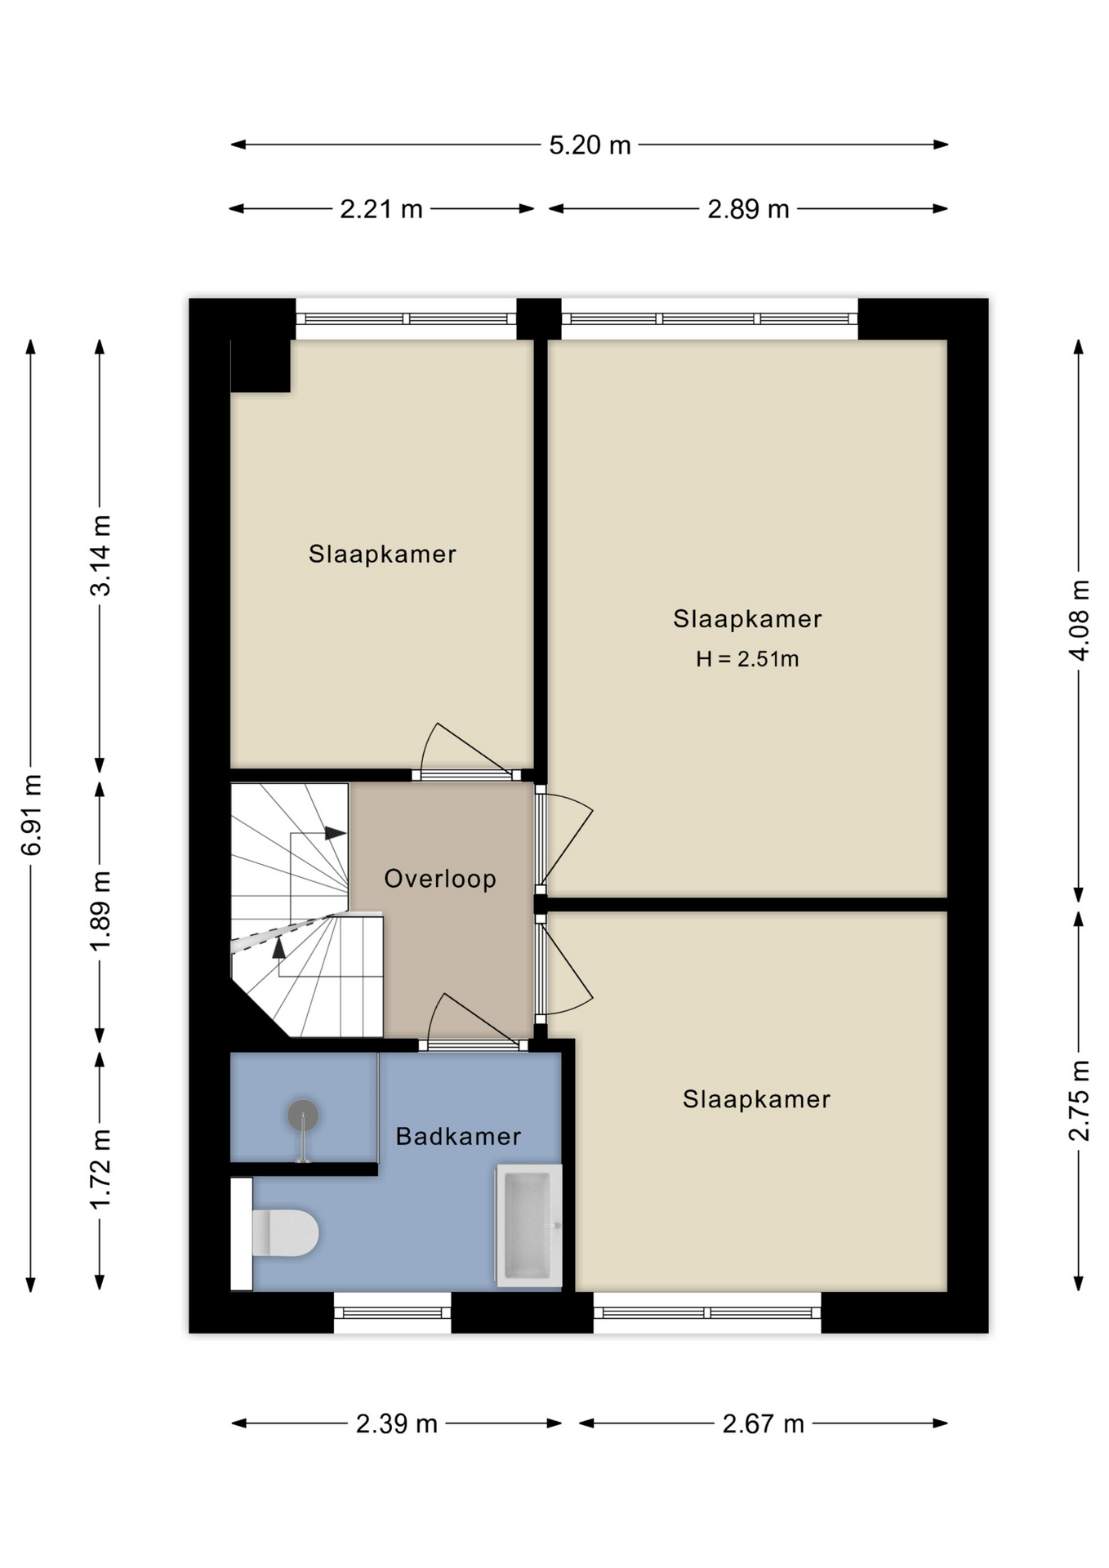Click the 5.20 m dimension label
590,145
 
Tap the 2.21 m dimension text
381,210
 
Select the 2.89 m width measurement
748,210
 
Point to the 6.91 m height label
31,815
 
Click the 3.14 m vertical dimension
100,555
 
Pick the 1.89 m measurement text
100,911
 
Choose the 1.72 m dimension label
100,1169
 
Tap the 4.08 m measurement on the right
1079,621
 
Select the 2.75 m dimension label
1079,1100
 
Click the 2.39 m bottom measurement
397,1424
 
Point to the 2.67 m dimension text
764,1424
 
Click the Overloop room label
440,879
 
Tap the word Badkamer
458,1136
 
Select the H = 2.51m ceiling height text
747,659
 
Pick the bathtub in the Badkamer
528,1225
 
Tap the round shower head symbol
303,1116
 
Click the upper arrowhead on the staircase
335,833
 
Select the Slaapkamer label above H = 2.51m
747,619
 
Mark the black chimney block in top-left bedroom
261,366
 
